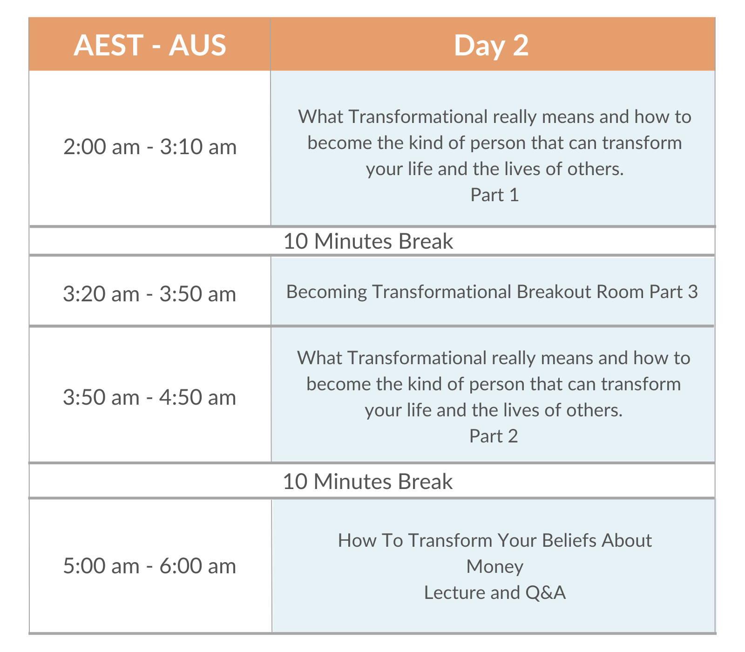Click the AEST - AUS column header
[150, 45]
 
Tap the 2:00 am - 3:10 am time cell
[150, 147]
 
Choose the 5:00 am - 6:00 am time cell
[149, 566]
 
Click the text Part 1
[494, 195]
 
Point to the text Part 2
[494, 436]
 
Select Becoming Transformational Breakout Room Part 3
[492, 292]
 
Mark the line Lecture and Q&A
[495, 593]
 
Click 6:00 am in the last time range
[198, 566]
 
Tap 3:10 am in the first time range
[198, 147]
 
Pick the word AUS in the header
[197, 45]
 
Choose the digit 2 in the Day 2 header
[521, 45]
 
